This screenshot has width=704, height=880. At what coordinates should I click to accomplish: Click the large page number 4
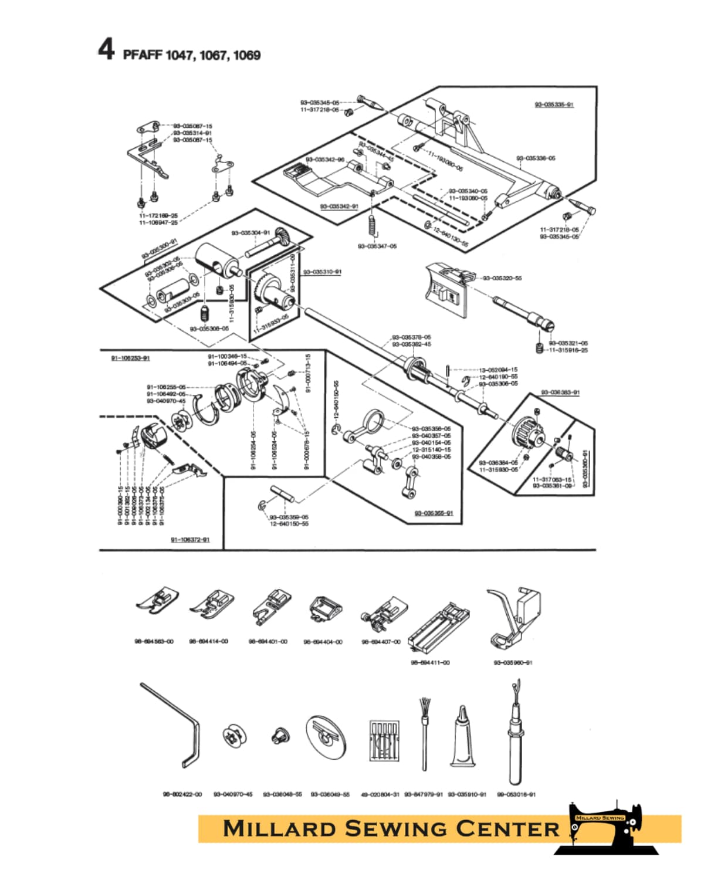106,49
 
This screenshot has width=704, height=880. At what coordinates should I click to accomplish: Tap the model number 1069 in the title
246,55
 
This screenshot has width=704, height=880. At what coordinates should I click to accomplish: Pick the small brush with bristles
424,733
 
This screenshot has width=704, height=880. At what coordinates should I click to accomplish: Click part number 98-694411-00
430,663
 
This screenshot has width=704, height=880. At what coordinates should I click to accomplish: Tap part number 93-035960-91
513,663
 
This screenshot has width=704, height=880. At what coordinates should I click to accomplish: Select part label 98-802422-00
182,794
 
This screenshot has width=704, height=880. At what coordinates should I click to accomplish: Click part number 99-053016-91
516,794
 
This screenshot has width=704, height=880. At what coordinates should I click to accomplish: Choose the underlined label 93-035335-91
554,105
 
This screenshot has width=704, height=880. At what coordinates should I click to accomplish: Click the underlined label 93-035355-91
434,513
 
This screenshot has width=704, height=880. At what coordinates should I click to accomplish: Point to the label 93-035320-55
502,278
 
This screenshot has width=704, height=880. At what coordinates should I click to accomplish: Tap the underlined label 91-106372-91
190,540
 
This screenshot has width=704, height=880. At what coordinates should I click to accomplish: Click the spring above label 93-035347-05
371,225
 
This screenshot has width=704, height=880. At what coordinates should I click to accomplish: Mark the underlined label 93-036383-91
560,392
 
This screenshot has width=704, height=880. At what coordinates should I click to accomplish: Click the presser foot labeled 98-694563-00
155,601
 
